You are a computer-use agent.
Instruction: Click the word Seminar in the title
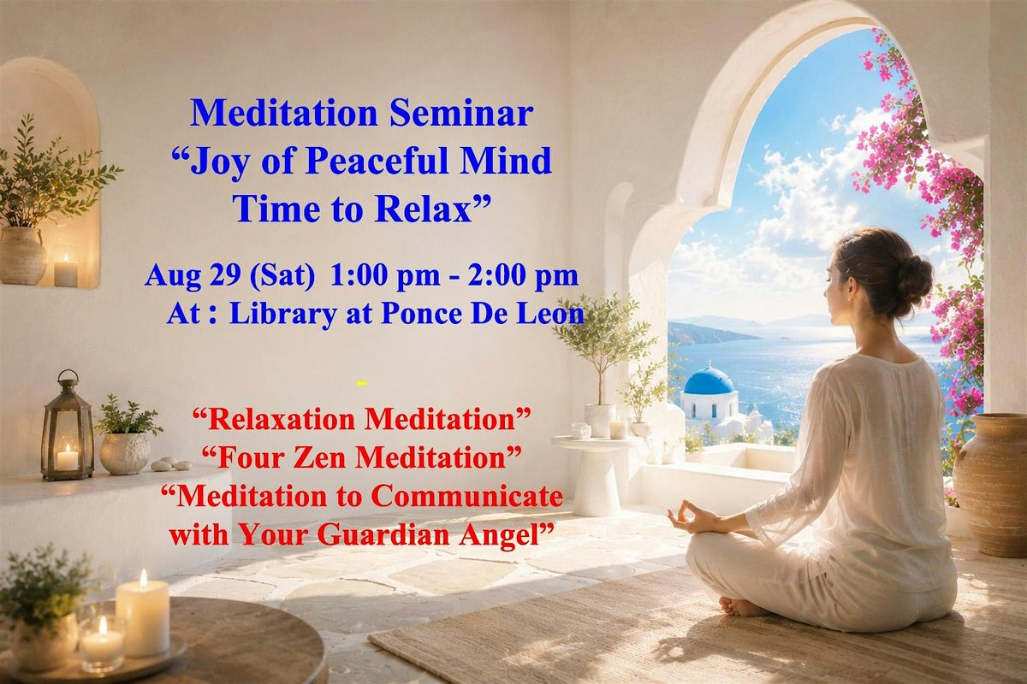tap(461, 113)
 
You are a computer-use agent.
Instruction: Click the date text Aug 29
tap(193, 276)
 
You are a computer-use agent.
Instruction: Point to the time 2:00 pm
tap(523, 275)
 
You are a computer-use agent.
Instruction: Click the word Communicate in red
tap(466, 497)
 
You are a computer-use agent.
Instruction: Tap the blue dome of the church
tap(709, 380)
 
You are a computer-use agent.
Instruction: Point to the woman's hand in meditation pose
tap(689, 518)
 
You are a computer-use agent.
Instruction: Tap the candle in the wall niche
tap(66, 270)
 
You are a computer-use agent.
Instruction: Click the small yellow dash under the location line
tap(362, 383)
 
